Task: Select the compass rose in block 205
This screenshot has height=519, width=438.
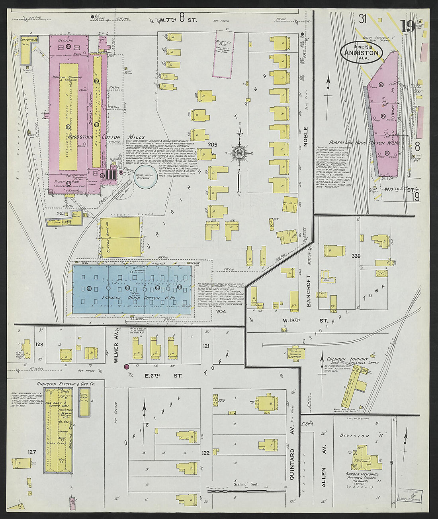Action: click(240, 153)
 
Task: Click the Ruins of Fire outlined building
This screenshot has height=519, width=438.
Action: click(223, 54)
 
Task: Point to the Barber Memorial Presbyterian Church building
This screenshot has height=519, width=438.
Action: click(364, 458)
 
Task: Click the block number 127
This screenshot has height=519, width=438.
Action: click(32, 452)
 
